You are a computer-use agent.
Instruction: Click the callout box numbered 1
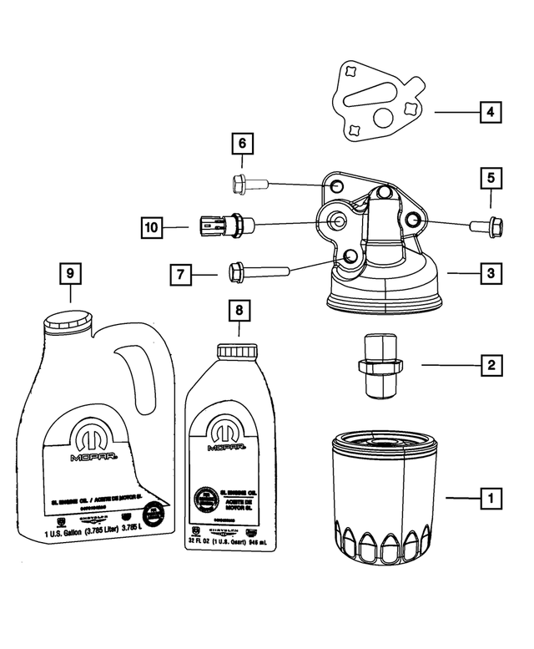click(491, 499)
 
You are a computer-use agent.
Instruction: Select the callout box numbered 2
click(491, 364)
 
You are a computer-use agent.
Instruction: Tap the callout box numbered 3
click(491, 272)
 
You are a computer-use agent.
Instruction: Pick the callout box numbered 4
click(491, 111)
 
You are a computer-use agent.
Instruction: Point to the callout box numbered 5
click(491, 178)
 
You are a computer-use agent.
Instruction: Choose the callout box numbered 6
click(242, 145)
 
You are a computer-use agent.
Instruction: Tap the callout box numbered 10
click(151, 226)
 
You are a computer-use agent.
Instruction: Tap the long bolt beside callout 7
click(254, 271)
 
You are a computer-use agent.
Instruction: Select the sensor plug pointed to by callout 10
click(221, 224)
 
